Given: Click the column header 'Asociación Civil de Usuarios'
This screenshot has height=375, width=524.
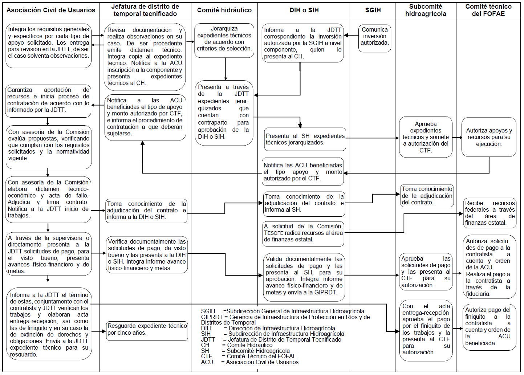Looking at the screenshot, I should point(51,10).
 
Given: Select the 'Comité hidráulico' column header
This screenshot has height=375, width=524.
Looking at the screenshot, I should point(224,10).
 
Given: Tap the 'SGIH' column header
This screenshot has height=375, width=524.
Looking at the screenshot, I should point(373,10).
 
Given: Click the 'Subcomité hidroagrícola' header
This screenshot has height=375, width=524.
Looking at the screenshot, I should point(426,10).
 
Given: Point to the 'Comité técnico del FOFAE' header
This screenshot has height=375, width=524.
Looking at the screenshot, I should point(488,10).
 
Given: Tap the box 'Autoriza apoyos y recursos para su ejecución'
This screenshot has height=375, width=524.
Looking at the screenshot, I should point(489,137).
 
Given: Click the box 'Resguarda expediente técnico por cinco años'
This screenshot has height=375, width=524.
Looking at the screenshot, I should point(147,331).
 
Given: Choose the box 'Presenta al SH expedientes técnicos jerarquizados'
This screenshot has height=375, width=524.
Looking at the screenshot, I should point(305,139).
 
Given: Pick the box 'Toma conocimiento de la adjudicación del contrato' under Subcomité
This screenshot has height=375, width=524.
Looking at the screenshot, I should point(427,196).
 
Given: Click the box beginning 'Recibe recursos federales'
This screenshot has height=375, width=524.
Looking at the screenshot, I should point(490,213).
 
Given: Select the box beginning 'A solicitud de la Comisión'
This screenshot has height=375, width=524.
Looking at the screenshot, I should point(303,233).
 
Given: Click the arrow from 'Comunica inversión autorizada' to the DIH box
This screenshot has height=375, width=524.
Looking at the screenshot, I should point(351,36).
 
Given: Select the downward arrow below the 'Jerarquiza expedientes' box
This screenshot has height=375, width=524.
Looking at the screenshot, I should point(226,69).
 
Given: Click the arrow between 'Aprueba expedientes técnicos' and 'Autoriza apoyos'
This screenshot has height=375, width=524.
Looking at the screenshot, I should point(457,138).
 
